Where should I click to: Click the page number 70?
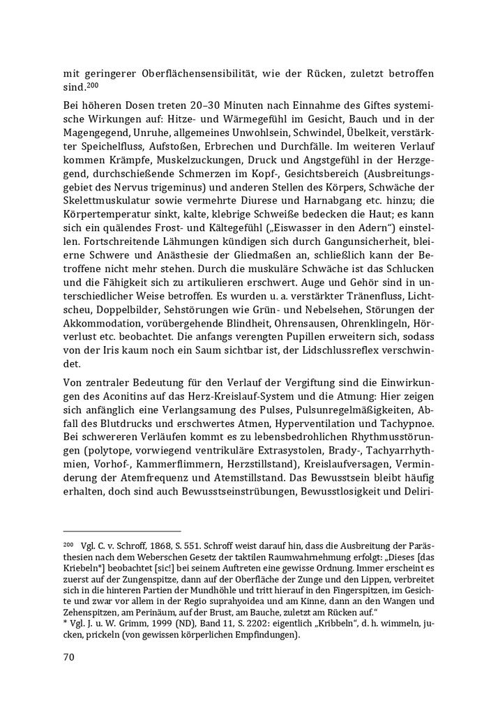pyautogui.click(x=69, y=656)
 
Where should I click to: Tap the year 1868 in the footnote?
pyautogui.click(x=151, y=546)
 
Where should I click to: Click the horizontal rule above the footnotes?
pyautogui.click(x=122, y=532)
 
